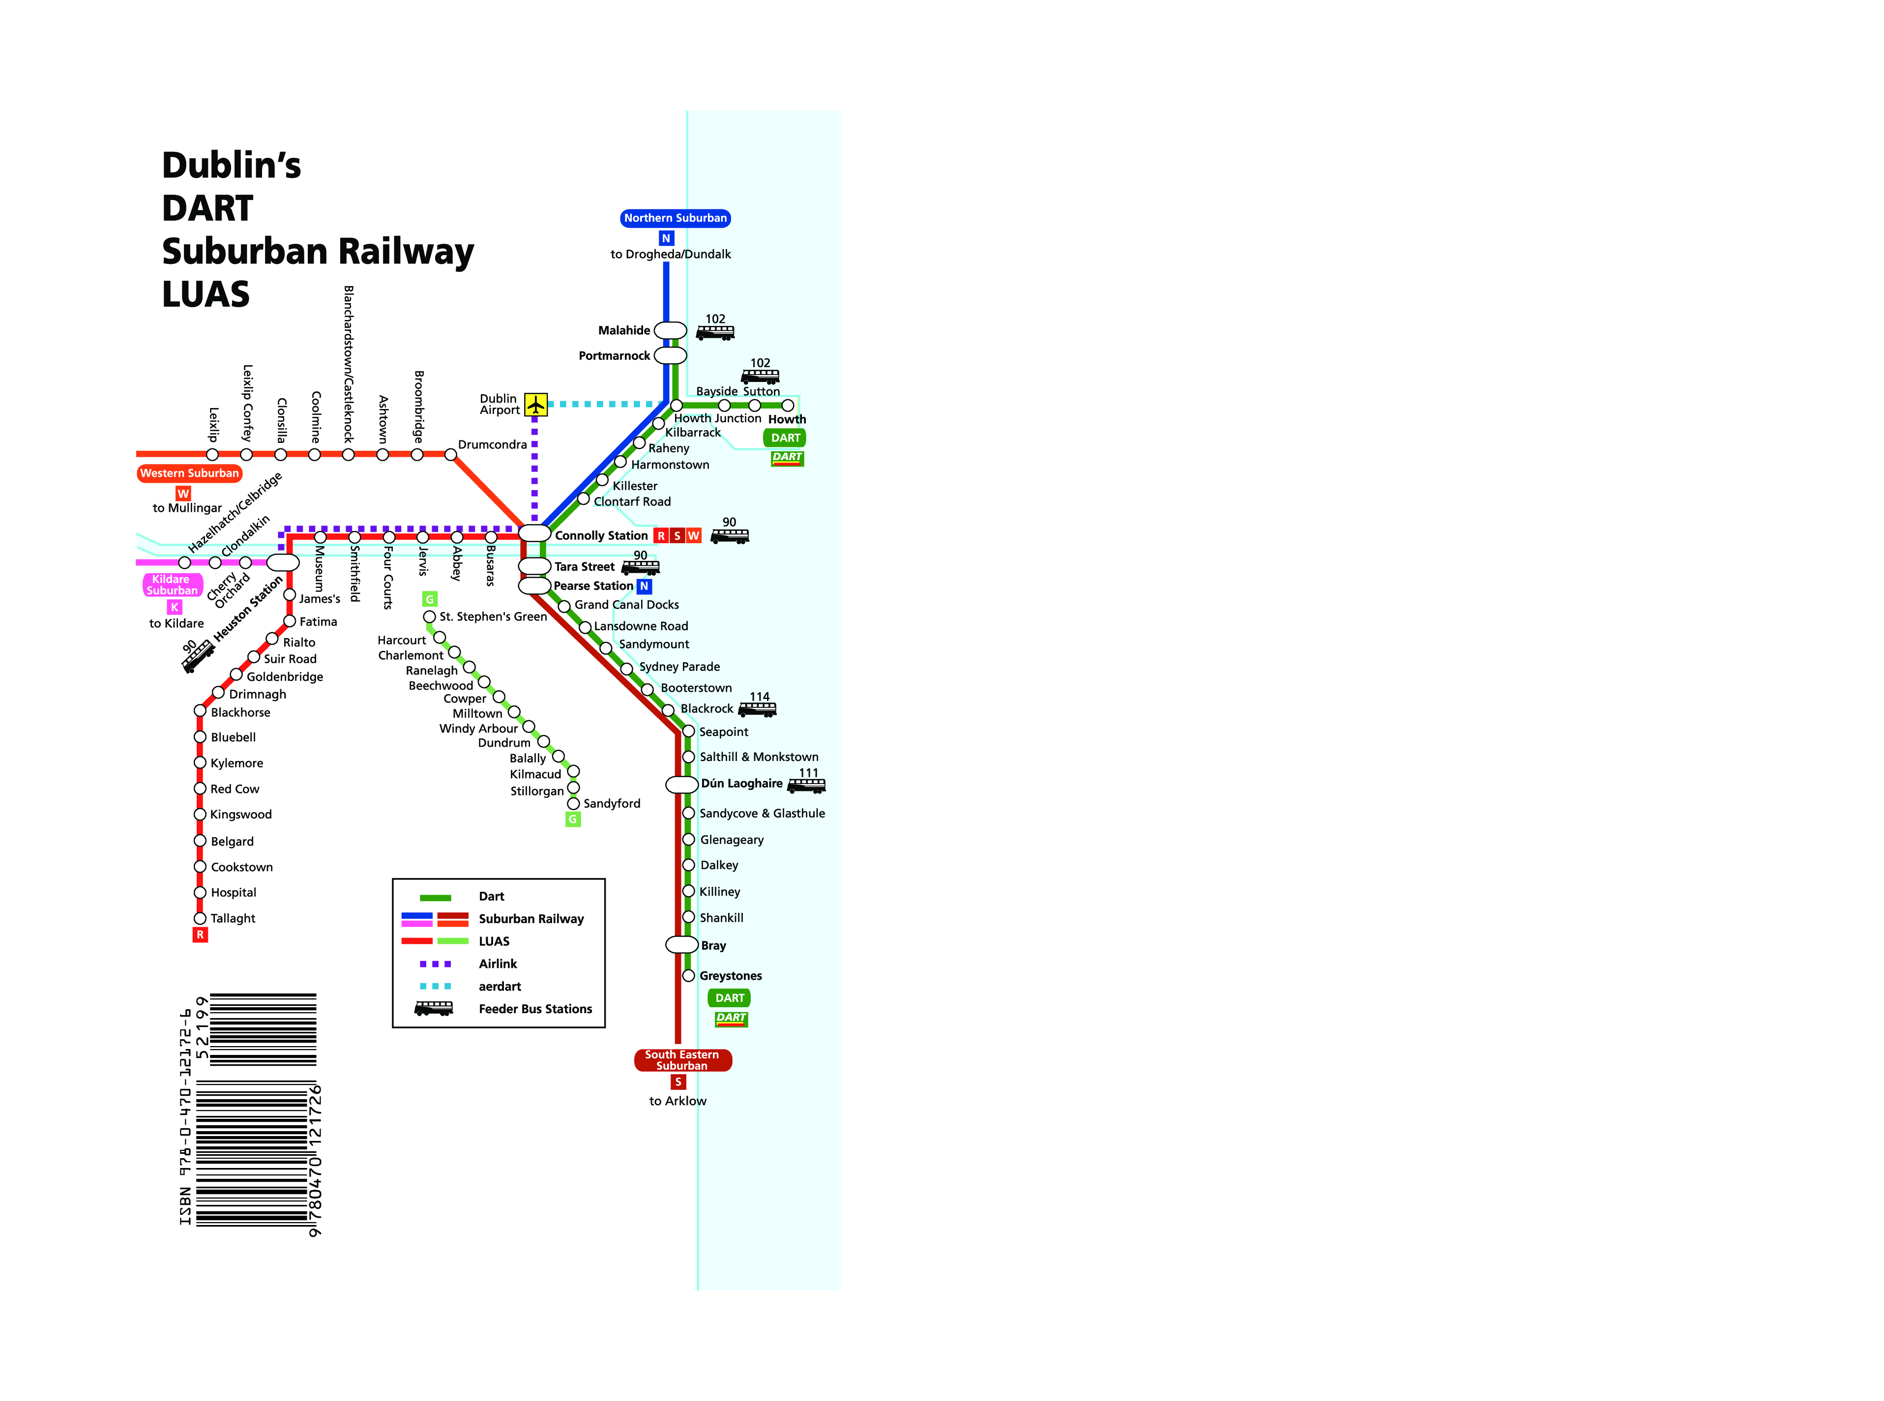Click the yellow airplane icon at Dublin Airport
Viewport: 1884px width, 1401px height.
535,405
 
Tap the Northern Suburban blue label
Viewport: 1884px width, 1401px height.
675,218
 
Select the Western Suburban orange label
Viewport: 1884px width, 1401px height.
189,473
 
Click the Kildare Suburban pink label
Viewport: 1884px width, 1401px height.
172,585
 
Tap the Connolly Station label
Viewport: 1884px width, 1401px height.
601,536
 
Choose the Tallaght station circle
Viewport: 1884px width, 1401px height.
200,918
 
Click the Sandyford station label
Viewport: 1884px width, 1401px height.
612,804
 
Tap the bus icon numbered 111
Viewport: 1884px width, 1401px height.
806,786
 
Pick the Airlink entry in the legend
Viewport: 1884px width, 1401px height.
497,964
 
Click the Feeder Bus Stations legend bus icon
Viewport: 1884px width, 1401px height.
434,1008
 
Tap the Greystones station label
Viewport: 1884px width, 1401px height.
731,976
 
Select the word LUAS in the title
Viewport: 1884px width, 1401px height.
206,294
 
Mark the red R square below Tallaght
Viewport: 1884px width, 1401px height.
200,934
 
